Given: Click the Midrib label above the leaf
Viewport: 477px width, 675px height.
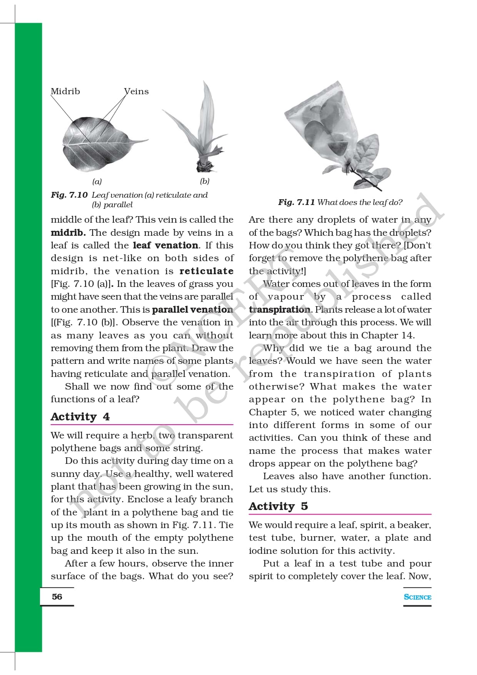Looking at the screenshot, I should (x=65, y=92).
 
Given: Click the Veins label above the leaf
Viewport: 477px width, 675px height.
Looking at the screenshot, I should (x=137, y=92).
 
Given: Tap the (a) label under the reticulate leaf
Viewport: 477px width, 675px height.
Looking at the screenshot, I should (x=97, y=182).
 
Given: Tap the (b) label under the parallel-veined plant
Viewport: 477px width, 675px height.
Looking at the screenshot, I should (x=205, y=181).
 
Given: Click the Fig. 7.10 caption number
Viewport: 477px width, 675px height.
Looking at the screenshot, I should (x=69, y=195).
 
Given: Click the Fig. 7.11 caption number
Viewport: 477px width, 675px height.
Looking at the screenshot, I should (x=297, y=202).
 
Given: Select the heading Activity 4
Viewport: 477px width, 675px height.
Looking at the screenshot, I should (x=80, y=417).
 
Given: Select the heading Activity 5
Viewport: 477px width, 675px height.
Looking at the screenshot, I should (x=278, y=507).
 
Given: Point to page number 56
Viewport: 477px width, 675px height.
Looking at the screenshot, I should (x=57, y=597).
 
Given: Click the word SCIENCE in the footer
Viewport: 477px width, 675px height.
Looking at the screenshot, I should (x=417, y=597).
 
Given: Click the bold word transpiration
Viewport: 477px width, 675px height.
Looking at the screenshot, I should (x=279, y=310).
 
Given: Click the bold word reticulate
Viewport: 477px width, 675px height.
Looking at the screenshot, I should (x=206, y=271).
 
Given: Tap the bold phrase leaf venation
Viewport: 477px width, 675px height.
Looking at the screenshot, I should (x=166, y=245).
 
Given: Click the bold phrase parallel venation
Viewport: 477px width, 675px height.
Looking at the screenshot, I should (x=192, y=310).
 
